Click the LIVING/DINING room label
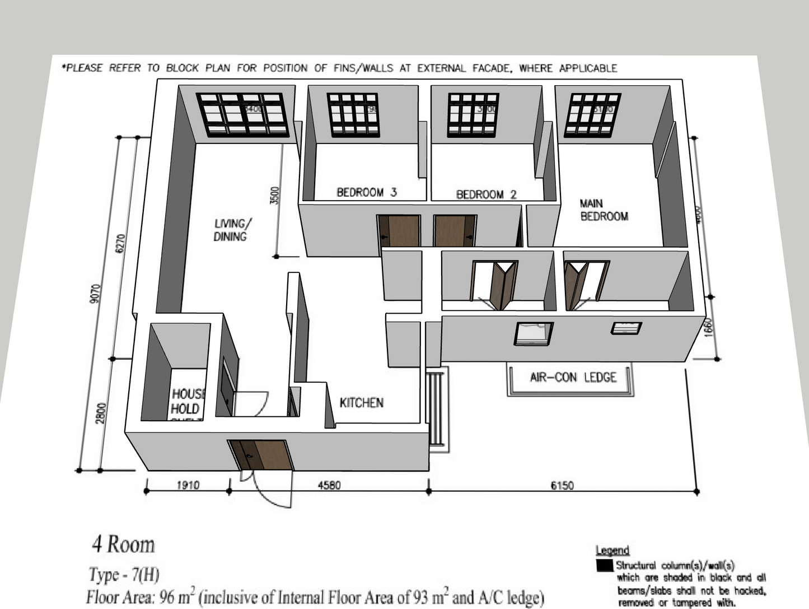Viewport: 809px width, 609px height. click(x=232, y=230)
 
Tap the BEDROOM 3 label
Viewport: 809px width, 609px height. click(x=366, y=192)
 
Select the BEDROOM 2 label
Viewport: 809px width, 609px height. click(x=486, y=194)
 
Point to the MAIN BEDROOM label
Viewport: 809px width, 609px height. click(x=604, y=210)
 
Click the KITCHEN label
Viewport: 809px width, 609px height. click(x=361, y=402)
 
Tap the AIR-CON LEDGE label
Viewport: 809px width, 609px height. click(x=573, y=377)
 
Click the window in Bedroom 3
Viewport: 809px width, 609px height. click(x=353, y=115)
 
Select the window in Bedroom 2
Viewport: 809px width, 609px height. click(x=473, y=115)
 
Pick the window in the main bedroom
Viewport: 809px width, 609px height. click(x=592, y=115)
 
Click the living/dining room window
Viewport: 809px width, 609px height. click(x=242, y=115)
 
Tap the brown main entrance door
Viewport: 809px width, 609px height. click(x=261, y=455)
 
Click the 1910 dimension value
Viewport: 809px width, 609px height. click(x=188, y=485)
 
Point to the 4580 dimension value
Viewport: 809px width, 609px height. click(x=329, y=485)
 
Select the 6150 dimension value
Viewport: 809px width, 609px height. click(x=562, y=486)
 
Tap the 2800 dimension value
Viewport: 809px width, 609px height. click(x=100, y=413)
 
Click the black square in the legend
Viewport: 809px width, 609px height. click(x=605, y=565)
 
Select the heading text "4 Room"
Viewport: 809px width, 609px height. click(x=123, y=544)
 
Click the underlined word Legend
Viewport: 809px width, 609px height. click(x=612, y=550)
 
